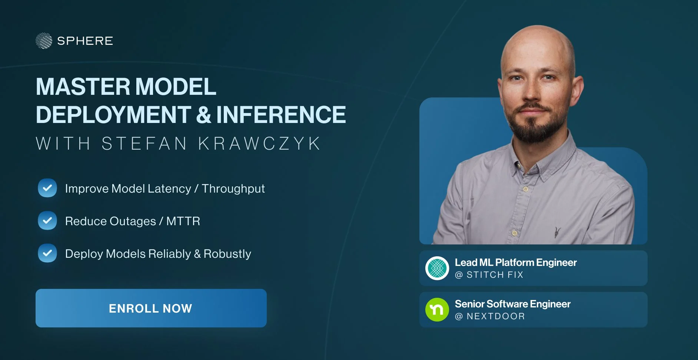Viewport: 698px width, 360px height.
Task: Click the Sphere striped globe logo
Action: (x=44, y=41)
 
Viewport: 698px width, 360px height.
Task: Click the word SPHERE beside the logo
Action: (x=85, y=41)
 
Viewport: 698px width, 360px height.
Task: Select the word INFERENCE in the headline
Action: (x=281, y=115)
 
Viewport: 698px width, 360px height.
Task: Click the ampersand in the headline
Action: (x=203, y=115)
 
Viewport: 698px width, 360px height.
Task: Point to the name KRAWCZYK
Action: (x=259, y=144)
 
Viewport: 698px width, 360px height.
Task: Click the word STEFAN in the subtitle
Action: (x=144, y=144)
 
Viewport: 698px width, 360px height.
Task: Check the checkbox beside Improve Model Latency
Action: (x=47, y=188)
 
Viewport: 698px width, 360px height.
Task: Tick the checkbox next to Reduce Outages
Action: (x=47, y=220)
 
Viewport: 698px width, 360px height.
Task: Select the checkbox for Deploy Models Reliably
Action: (x=47, y=253)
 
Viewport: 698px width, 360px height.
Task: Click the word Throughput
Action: (x=233, y=189)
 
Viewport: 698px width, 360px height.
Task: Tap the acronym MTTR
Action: (x=183, y=221)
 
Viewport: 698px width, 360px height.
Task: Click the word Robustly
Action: (x=227, y=254)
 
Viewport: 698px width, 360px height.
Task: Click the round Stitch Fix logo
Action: (x=437, y=268)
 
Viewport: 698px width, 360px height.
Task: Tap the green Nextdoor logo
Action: (x=437, y=310)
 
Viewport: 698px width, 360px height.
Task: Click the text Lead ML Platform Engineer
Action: (x=516, y=263)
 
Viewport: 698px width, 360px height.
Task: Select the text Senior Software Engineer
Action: (x=513, y=304)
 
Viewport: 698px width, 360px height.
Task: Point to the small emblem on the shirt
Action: (x=557, y=232)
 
